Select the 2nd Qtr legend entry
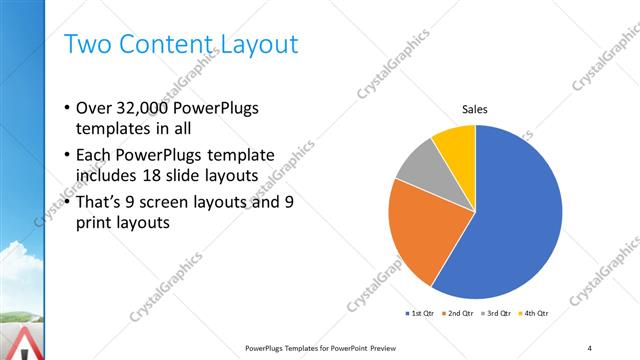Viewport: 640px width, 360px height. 459,313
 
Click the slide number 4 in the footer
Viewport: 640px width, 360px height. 590,347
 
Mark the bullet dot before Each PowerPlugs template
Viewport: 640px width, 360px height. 66,155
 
